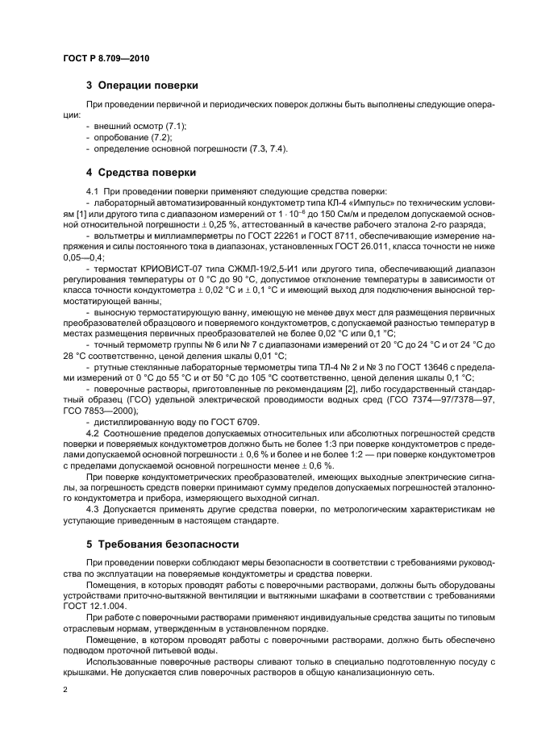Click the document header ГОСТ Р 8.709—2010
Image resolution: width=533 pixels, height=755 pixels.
click(x=105, y=59)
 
